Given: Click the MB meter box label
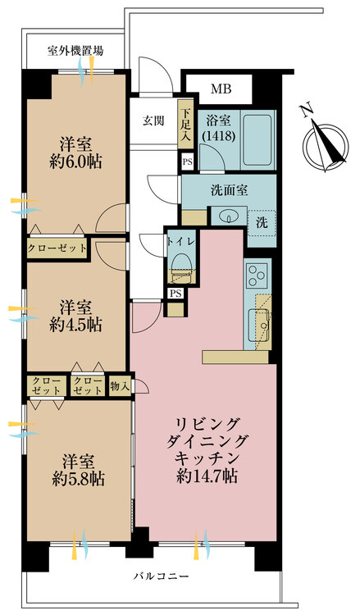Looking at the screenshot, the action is pyautogui.click(x=221, y=89).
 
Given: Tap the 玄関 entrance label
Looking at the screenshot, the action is pyautogui.click(x=153, y=121).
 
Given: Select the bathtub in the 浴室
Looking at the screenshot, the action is pyautogui.click(x=257, y=139).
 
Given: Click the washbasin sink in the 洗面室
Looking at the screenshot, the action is pyautogui.click(x=228, y=216).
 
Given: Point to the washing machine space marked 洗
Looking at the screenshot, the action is pyautogui.click(x=262, y=223).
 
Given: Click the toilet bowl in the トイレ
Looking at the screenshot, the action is pyautogui.click(x=181, y=262).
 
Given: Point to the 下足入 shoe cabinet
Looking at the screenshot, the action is pyautogui.click(x=185, y=124).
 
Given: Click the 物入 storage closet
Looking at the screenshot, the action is pyautogui.click(x=120, y=386).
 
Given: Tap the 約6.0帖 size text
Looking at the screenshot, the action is pyautogui.click(x=75, y=162).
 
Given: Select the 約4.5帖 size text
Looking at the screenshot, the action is pyautogui.click(x=75, y=325).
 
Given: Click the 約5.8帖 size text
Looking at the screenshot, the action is pyautogui.click(x=79, y=478).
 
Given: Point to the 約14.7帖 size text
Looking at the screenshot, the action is pyautogui.click(x=207, y=476).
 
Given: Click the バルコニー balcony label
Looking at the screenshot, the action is pyautogui.click(x=162, y=576).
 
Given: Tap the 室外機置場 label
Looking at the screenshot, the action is pyautogui.click(x=75, y=51).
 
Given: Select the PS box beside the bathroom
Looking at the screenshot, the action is pyautogui.click(x=188, y=162).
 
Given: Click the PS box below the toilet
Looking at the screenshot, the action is pyautogui.click(x=175, y=294).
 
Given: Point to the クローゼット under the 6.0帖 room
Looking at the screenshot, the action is pyautogui.click(x=57, y=248).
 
